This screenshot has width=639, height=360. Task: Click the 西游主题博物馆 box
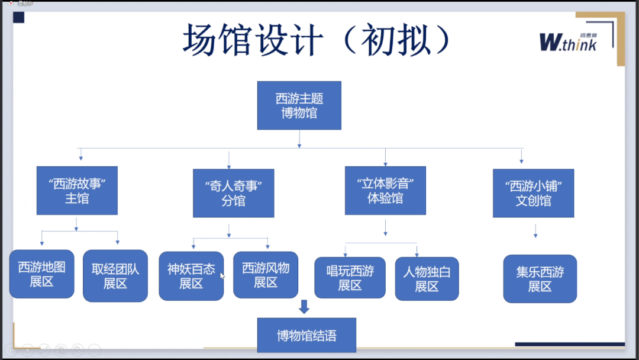tap(299, 105)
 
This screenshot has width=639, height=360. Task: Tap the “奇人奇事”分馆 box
tap(233, 193)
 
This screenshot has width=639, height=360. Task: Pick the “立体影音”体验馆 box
tap(385, 190)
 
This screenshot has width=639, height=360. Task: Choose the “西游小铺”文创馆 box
tap(533, 193)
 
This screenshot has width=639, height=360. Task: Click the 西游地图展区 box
tap(41, 274)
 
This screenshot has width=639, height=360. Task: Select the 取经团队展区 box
tap(115, 276)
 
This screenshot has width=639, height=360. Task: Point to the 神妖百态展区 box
tap(191, 276)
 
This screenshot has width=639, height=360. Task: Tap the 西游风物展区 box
tap(266, 275)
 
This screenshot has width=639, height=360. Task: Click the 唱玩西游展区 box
tap(350, 278)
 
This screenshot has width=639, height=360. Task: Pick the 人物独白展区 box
tap(427, 279)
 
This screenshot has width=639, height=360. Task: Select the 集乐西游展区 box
tap(540, 279)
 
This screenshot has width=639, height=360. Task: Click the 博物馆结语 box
tap(306, 336)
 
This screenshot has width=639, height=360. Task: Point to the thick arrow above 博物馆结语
tap(304, 307)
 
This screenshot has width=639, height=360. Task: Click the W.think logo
tap(567, 41)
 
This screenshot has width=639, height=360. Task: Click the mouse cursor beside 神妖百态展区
tap(222, 276)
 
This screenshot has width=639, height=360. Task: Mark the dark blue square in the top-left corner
tap(19, 17)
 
